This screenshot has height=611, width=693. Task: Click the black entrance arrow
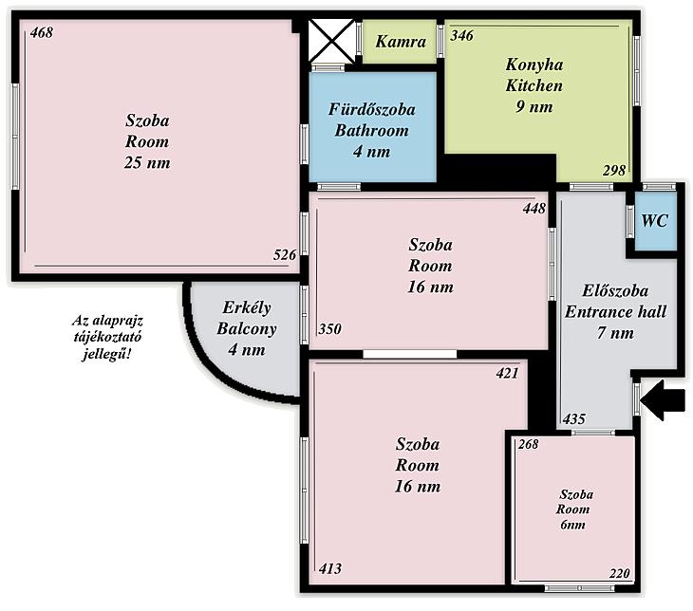point(663,400)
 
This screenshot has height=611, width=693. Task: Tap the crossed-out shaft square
point(331,41)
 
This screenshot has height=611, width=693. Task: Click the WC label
point(654,221)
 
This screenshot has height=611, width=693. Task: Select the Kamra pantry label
point(401,42)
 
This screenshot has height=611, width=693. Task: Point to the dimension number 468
point(42,32)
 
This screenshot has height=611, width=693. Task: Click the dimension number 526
point(285,255)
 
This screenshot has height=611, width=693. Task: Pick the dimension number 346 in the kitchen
point(462,35)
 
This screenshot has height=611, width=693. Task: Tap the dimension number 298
point(614,170)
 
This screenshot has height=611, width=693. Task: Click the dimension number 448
point(534,208)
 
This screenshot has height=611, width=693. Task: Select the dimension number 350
point(330,329)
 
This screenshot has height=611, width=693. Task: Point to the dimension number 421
point(507,373)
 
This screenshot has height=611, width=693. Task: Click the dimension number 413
point(330,568)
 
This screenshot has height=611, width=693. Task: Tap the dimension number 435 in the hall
point(574,418)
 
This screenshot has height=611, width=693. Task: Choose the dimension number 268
point(529,444)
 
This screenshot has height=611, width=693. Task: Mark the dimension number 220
point(619,573)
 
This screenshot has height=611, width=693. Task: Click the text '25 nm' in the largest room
point(147,163)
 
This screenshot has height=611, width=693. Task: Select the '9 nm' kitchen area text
point(534,107)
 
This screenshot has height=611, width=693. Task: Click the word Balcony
point(247,328)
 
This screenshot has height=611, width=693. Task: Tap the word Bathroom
point(372,131)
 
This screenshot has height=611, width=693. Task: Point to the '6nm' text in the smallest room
point(572,525)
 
